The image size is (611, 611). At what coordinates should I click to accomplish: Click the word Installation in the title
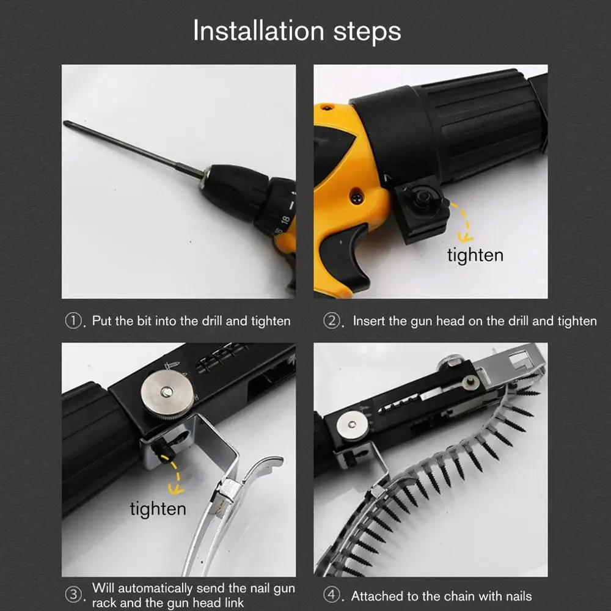point(258,31)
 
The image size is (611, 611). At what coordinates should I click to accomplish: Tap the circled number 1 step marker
point(73,321)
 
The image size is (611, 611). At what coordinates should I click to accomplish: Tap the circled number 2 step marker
point(332,321)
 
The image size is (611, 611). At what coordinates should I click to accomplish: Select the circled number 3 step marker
point(73,595)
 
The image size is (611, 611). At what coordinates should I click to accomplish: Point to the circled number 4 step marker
point(332,595)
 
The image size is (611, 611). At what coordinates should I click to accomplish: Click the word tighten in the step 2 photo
point(475,255)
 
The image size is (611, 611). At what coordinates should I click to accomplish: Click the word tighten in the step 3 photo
point(158,510)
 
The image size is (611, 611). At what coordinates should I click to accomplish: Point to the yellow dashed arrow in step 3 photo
point(177,475)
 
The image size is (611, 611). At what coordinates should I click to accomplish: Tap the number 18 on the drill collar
point(285,220)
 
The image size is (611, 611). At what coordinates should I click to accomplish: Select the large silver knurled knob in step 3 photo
point(167,393)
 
